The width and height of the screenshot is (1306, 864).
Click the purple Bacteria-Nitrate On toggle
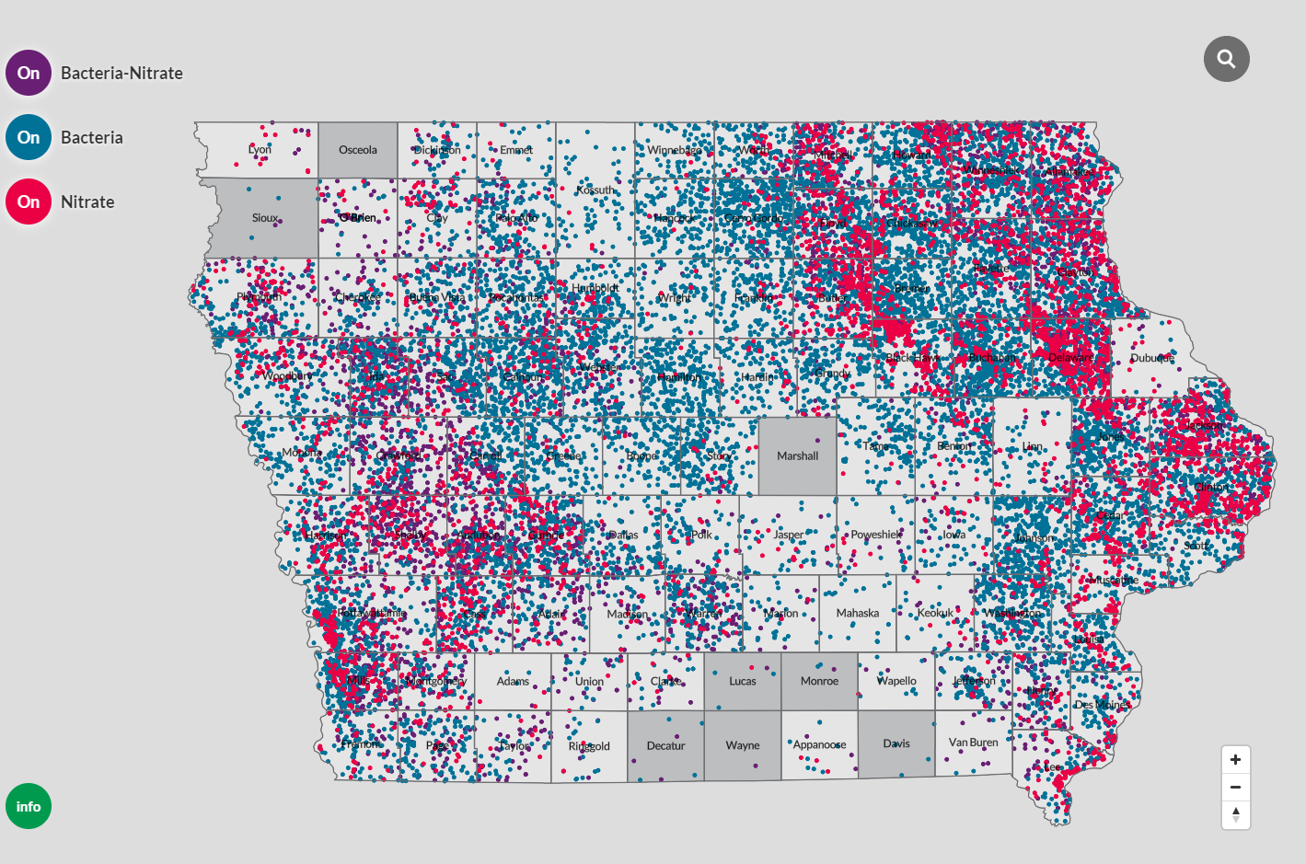tap(29, 73)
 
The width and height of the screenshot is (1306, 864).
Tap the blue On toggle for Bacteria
tap(29, 137)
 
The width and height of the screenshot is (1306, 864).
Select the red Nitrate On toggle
tap(29, 202)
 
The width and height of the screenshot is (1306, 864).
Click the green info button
tap(29, 806)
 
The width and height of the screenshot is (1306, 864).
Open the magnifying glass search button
tap(1226, 59)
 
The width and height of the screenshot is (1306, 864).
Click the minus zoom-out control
tap(1235, 787)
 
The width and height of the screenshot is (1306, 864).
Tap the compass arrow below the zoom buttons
tap(1235, 814)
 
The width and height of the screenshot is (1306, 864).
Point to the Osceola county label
tap(358, 149)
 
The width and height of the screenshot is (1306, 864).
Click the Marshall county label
tap(797, 455)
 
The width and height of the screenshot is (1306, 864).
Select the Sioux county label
tap(265, 218)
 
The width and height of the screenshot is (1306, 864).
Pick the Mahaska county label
tap(858, 613)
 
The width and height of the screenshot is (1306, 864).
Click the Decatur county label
tap(665, 745)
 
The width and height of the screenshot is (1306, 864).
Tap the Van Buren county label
tap(973, 742)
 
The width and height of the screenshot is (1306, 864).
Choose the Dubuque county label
tap(1152, 358)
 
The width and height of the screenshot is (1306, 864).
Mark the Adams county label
tap(513, 681)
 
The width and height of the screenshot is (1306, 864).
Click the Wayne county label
tap(743, 745)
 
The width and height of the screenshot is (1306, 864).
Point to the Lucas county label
tap(743, 681)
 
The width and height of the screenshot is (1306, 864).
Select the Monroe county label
tap(819, 681)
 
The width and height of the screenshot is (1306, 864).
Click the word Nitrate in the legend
tap(87, 202)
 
